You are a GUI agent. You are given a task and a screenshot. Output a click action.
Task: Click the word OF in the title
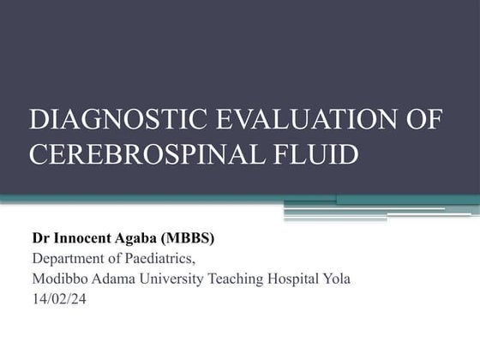click(x=423, y=119)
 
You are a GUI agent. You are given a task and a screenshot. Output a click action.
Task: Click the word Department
click(x=69, y=258)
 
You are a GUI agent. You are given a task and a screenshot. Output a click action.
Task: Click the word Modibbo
click(x=61, y=279)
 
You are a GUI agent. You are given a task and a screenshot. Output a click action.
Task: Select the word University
click(x=178, y=279)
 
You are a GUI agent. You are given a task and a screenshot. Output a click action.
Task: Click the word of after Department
click(x=116, y=258)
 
